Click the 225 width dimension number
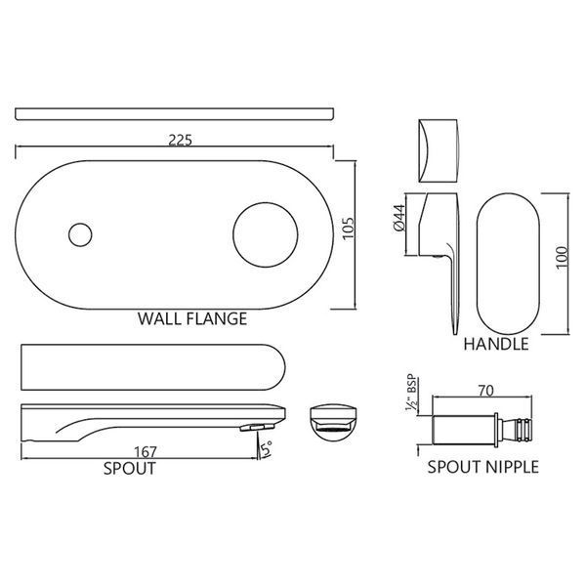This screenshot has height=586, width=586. click(180, 140)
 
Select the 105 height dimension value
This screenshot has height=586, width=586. click(348, 229)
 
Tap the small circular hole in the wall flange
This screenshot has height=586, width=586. click(80, 235)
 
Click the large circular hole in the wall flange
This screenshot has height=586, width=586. click(266, 235)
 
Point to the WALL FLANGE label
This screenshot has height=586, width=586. click(192, 318)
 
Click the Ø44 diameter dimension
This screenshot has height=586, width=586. click(399, 218)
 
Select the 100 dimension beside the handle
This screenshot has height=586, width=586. click(562, 257)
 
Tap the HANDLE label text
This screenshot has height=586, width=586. click(496, 344)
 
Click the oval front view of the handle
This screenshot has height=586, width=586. click(508, 264)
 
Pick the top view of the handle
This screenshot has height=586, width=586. click(439, 150)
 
